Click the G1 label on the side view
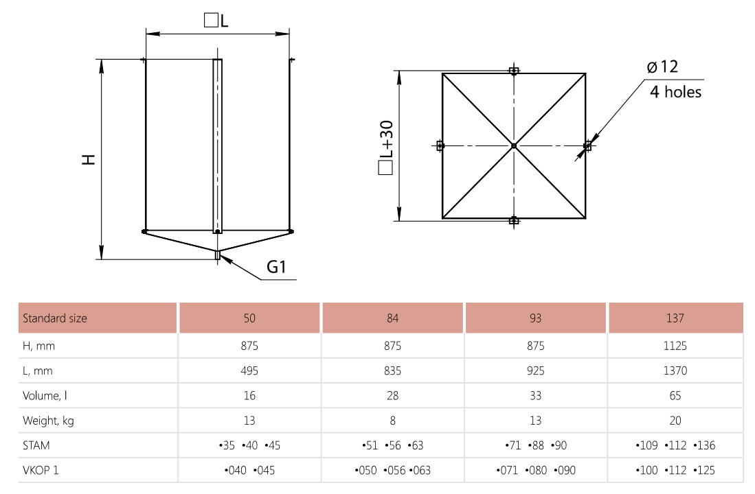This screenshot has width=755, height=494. (276, 266)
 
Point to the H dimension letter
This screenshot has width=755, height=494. (89, 159)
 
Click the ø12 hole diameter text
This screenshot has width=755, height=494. (662, 67)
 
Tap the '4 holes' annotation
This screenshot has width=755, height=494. (675, 91)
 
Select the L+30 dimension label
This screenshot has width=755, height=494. (386, 148)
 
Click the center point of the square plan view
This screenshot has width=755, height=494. (514, 145)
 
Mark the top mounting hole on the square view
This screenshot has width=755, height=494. (514, 71)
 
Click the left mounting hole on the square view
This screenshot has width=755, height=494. (440, 145)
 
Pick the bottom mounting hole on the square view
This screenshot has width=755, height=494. (514, 220)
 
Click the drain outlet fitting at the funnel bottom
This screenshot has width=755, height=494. (218, 255)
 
